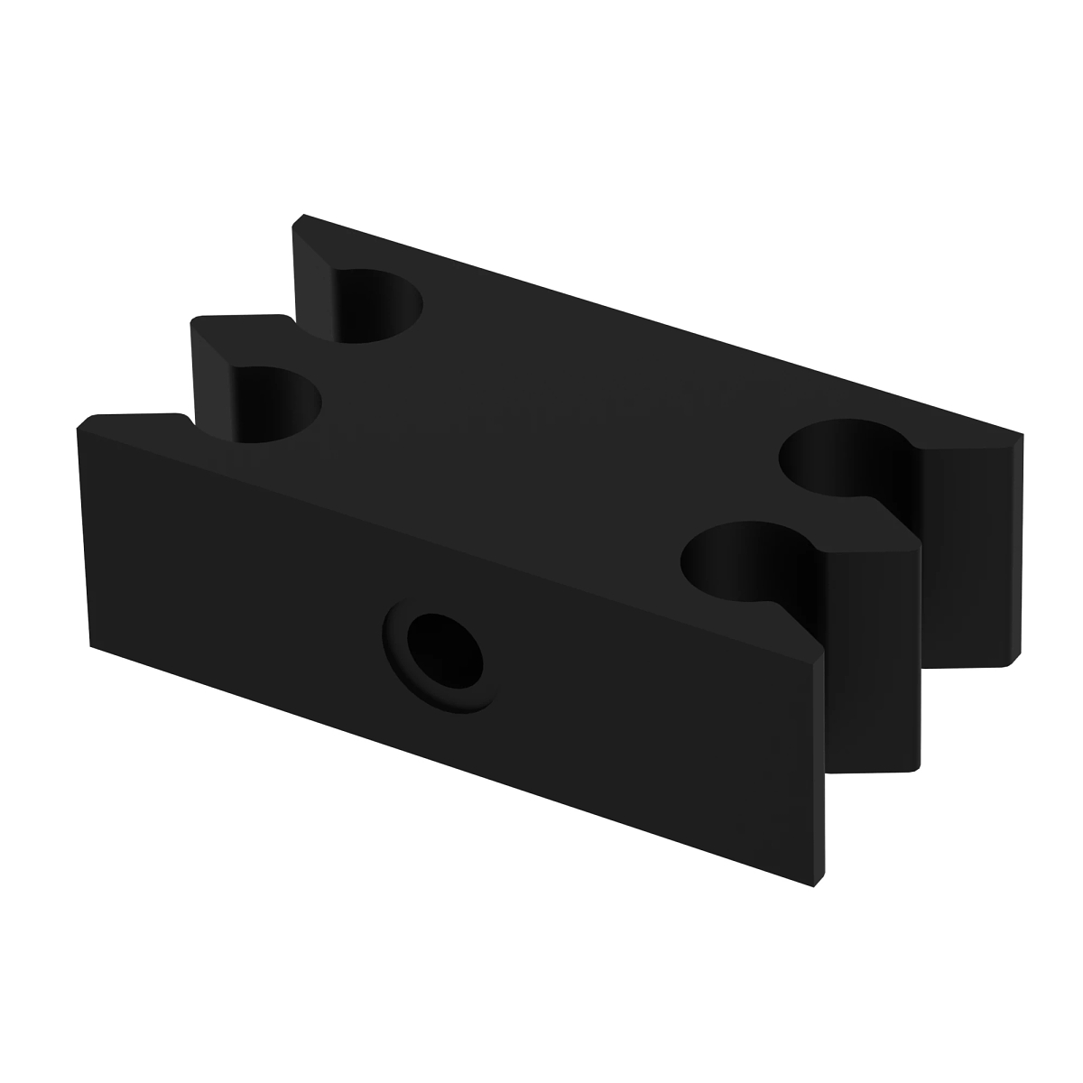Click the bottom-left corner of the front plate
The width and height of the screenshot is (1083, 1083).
pyautogui.click(x=90, y=644)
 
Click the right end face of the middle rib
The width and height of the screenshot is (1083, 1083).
pyautogui.click(x=871, y=659)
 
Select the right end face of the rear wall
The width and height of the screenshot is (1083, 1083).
pyautogui.click(x=970, y=555)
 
